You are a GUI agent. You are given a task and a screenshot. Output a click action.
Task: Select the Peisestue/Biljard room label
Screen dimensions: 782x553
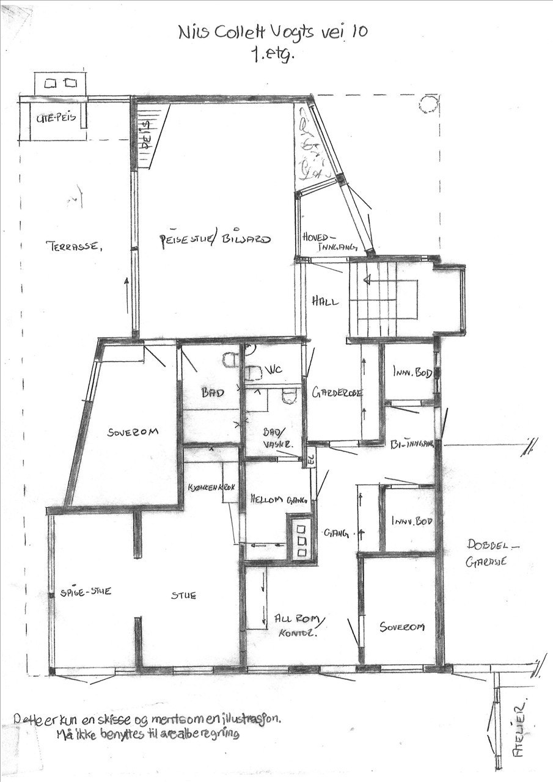(213, 239)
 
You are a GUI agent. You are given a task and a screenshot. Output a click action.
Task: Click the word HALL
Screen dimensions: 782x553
(324, 301)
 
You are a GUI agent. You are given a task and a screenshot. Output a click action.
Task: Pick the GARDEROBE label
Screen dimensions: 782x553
(337, 393)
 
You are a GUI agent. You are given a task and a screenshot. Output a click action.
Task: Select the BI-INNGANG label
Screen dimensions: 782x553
(411, 444)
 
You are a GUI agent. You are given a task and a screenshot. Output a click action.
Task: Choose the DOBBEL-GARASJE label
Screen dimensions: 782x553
(486, 553)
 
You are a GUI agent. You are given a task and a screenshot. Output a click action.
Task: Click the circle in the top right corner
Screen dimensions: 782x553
(428, 104)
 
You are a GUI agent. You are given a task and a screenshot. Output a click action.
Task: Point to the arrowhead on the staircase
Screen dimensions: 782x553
(367, 280)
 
